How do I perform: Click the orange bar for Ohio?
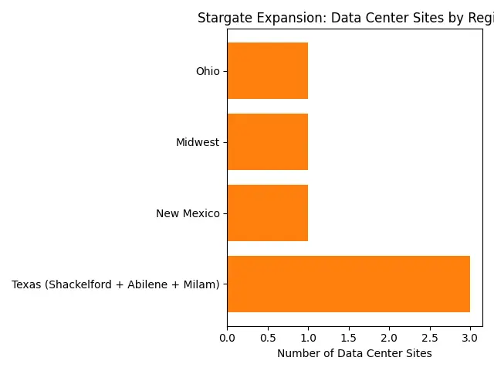[x=267, y=71]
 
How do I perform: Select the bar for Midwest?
[x=267, y=142]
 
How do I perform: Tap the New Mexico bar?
[x=267, y=213]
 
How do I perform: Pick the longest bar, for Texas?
[x=348, y=284]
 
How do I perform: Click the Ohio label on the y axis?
[x=208, y=72]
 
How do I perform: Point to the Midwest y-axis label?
[x=198, y=143]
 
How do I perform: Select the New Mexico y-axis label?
[x=188, y=214]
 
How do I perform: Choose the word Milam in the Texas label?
[x=199, y=285]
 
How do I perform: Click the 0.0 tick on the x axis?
[x=227, y=339]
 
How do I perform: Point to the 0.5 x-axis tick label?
[x=268, y=339]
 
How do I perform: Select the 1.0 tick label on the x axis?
[x=308, y=339]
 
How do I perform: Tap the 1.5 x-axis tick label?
[x=349, y=339]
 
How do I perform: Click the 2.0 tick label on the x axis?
[x=389, y=339]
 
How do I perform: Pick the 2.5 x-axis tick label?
[x=430, y=339]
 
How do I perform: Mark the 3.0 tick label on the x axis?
[x=470, y=339]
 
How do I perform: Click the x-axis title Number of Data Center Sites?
[x=354, y=354]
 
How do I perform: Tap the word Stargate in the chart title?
[x=222, y=19]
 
